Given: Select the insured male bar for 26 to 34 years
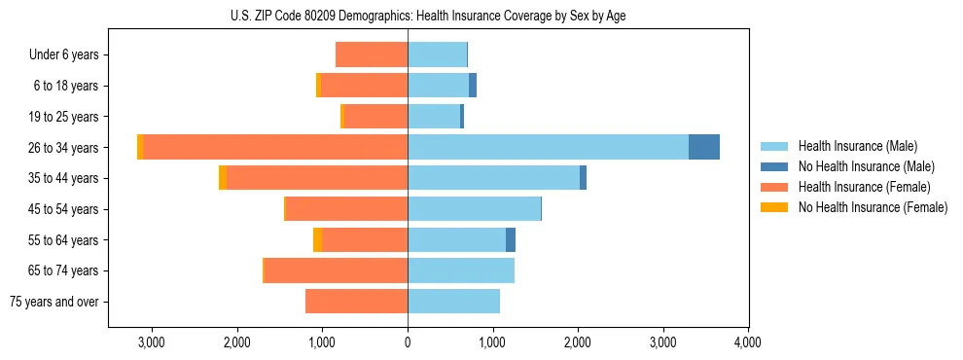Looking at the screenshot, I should [548, 147].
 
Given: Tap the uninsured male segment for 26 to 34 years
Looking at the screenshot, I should [704, 147].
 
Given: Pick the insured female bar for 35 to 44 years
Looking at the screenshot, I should [317, 178].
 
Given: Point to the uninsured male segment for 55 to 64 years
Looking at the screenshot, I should [511, 239].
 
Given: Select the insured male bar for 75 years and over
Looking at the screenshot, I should [453, 302].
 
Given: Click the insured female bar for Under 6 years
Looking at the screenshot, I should [372, 54].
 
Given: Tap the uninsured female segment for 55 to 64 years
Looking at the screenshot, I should [318, 239].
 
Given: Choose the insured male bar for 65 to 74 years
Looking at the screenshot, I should [461, 270].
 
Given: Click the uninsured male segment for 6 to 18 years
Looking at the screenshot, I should [473, 86].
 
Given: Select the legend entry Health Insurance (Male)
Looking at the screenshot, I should [857, 146].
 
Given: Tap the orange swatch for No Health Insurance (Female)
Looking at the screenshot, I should [775, 207].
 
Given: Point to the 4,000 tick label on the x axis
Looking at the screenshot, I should [748, 342].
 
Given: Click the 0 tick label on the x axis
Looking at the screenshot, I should [408, 342].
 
